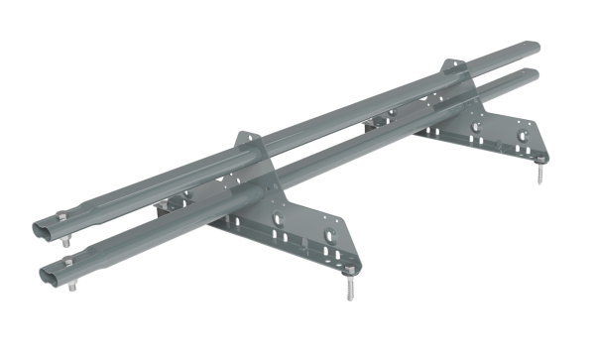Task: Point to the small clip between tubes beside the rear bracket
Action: tap(369, 121)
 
